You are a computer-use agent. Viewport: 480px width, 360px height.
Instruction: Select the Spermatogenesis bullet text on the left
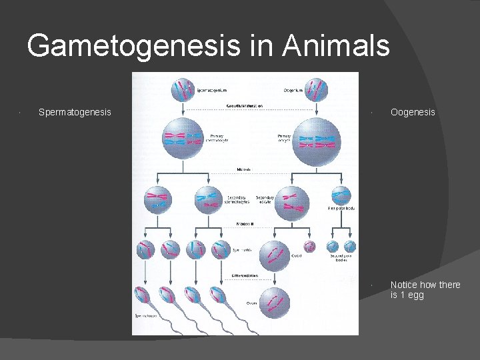(x=75, y=112)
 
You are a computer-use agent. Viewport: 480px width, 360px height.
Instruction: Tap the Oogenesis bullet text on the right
(x=413, y=112)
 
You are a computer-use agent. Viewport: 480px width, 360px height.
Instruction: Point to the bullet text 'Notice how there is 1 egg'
(x=425, y=289)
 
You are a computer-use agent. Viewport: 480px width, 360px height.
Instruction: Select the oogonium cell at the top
(x=317, y=89)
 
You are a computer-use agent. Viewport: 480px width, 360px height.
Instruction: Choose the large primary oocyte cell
(x=316, y=139)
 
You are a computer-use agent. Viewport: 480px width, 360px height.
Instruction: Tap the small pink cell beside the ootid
(x=309, y=249)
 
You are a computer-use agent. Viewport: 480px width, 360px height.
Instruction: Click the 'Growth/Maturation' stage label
(x=244, y=105)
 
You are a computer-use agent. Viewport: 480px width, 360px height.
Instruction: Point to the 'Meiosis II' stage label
(x=243, y=224)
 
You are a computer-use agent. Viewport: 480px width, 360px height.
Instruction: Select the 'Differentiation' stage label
(x=245, y=275)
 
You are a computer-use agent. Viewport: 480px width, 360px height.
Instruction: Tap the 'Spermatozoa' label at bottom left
(x=145, y=315)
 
